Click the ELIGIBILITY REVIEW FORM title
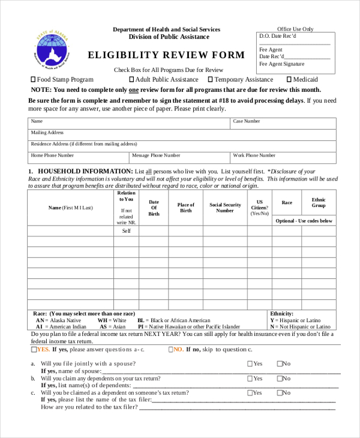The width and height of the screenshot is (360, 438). click(167, 55)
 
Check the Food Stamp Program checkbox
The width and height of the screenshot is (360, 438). click(33, 79)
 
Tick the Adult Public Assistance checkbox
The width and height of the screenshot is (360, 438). click(132, 79)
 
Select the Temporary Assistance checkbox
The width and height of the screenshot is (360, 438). click(211, 79)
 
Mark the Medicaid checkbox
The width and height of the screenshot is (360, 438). click(289, 79)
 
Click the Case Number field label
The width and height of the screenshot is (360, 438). click(246, 121)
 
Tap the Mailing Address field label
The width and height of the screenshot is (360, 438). click(47, 133)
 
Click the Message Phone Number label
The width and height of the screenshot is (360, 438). click(156, 155)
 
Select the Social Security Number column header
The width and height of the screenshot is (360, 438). click(225, 208)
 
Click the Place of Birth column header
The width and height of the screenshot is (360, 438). click(186, 208)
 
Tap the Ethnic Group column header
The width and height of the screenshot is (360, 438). click(319, 203)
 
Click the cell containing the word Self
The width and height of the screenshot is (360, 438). click(127, 231)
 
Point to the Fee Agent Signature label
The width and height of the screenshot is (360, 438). click(281, 64)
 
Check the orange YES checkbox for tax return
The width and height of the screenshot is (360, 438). click(34, 349)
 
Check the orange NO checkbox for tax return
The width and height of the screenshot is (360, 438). click(171, 349)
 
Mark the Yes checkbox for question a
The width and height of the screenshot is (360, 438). click(250, 364)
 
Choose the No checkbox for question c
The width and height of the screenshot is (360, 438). click(280, 393)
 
